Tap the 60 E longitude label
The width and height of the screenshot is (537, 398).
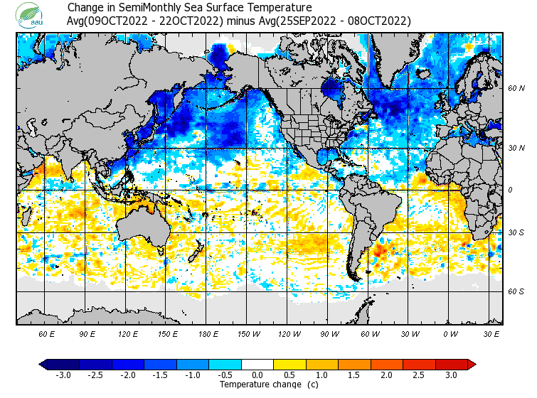click(x=48, y=333)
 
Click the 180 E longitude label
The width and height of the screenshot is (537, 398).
click(x=208, y=333)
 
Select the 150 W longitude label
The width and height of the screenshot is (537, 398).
click(x=249, y=333)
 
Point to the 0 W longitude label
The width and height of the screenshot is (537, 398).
click(x=450, y=333)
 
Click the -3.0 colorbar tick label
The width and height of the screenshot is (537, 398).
click(x=62, y=375)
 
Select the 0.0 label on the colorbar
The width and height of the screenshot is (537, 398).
click(x=257, y=375)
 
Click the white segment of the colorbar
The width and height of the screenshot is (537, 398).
click(x=257, y=365)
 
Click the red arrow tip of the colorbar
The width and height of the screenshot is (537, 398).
click(x=471, y=365)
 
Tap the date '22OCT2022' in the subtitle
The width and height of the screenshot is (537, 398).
click(x=190, y=21)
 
